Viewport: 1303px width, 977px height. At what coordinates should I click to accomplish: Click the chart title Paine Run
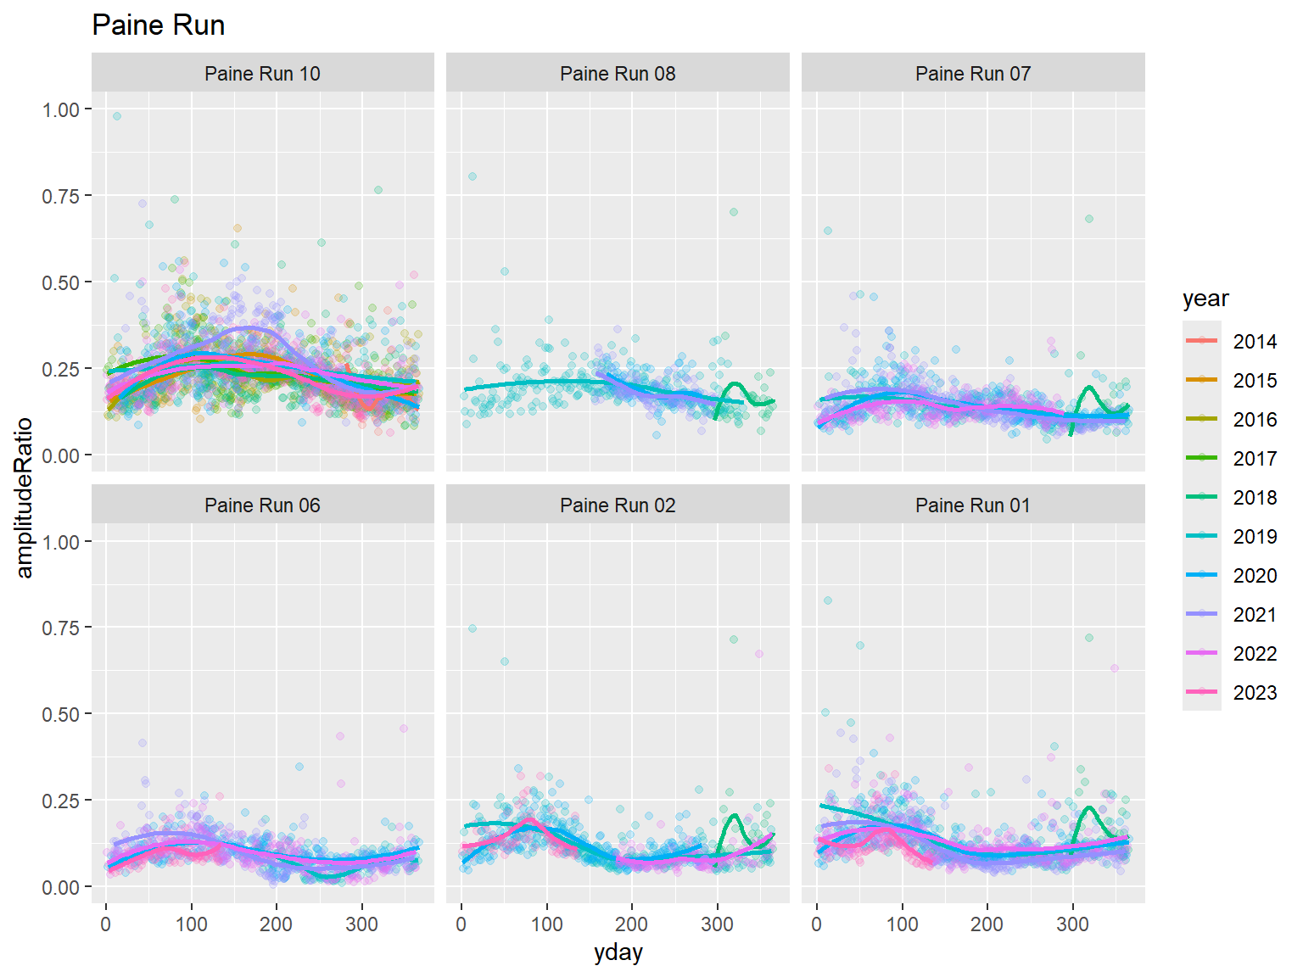pyautogui.click(x=158, y=25)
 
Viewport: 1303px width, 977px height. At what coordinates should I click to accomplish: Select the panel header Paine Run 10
pyautogui.click(x=262, y=74)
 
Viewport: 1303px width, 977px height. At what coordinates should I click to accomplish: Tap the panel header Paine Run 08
pyautogui.click(x=618, y=74)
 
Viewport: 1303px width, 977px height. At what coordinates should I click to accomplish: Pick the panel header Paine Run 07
pyautogui.click(x=973, y=74)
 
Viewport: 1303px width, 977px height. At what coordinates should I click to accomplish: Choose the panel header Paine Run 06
pyautogui.click(x=262, y=505)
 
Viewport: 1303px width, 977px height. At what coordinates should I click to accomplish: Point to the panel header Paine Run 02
pyautogui.click(x=618, y=505)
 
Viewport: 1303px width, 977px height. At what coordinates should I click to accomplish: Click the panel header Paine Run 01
pyautogui.click(x=973, y=505)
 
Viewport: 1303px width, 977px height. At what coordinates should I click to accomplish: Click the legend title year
pyautogui.click(x=1205, y=299)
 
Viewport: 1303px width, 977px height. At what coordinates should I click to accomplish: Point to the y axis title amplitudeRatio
pyautogui.click(x=24, y=498)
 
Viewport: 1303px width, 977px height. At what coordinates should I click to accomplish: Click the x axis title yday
pyautogui.click(x=618, y=952)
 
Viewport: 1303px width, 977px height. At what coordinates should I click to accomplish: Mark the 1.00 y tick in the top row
pyautogui.click(x=61, y=109)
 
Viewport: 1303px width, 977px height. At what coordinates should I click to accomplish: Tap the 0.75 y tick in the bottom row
pyautogui.click(x=61, y=628)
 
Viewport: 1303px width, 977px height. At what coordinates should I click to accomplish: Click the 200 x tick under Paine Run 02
pyautogui.click(x=632, y=924)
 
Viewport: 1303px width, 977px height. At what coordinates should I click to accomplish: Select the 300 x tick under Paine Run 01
pyautogui.click(x=1072, y=924)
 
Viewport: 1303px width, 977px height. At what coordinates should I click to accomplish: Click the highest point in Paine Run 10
pyautogui.click(x=117, y=116)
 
